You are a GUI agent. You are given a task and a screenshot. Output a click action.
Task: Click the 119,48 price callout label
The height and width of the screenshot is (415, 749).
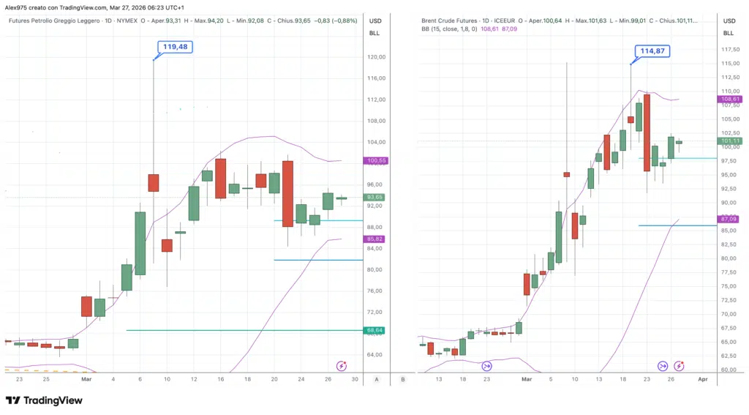coord(176,47)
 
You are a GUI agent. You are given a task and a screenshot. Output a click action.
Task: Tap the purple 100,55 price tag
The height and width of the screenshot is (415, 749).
coord(374,160)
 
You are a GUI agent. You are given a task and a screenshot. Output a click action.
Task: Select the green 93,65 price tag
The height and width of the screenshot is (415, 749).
coord(374,197)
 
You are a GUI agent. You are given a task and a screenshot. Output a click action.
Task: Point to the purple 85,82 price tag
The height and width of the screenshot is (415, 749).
coord(374,239)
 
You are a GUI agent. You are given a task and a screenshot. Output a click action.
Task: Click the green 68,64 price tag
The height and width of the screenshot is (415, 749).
coord(374,330)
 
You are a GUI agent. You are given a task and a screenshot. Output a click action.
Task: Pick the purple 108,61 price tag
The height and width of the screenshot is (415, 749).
coord(730,99)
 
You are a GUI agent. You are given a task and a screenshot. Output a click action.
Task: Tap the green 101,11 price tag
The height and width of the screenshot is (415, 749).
coord(730,141)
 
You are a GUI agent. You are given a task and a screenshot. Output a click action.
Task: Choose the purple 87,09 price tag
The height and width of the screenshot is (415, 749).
coord(730,219)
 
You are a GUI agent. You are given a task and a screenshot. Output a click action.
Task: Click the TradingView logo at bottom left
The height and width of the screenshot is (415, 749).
coord(44,400)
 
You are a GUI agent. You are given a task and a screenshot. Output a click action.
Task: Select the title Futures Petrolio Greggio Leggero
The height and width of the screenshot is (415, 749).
coord(54,20)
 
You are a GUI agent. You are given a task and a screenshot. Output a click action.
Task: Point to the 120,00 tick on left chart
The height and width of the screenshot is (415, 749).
coord(376,57)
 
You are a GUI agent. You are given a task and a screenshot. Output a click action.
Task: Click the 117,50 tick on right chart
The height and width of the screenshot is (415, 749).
coord(729,50)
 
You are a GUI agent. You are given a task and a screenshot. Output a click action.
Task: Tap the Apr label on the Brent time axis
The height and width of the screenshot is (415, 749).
coord(702,379)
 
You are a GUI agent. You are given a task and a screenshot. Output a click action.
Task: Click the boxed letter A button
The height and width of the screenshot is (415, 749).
coord(376,379)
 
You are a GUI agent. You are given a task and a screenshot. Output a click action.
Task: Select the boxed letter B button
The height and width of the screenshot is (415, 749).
coord(403,379)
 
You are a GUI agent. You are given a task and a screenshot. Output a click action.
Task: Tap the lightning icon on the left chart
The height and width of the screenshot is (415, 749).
coord(341,365)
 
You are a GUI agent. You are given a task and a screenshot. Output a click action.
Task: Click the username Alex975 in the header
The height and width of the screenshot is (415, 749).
coord(18,7)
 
